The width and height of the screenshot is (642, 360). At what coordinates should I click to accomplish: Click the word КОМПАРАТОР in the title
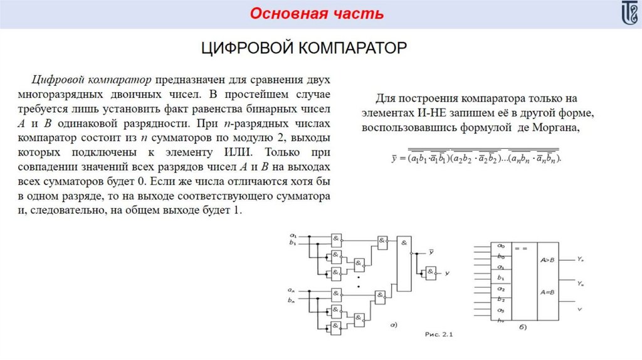pos(352,48)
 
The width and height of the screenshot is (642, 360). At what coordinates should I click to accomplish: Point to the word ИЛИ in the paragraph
pos(239,152)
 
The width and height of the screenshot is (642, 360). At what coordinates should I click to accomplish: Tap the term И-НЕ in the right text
pos(434,114)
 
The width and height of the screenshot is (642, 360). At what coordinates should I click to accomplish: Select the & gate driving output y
pos(431,273)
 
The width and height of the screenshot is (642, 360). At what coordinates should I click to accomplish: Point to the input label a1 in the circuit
pos(293,235)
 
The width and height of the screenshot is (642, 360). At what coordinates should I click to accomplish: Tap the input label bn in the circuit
pos(292,300)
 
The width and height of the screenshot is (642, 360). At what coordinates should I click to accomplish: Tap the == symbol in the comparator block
pos(520,249)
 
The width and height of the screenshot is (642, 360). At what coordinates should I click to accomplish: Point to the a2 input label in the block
pos(500,289)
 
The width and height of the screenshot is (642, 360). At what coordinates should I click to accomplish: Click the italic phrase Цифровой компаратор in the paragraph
pos(92,80)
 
